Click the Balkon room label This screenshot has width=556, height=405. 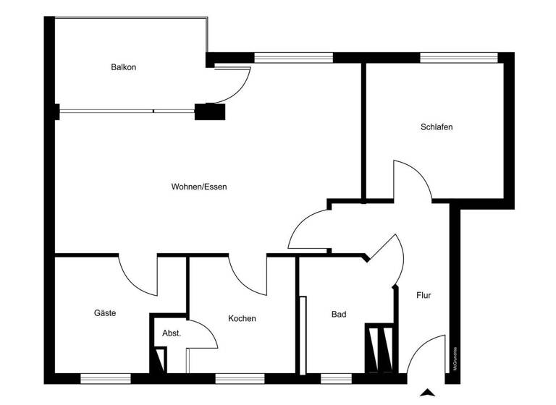pos(124,67)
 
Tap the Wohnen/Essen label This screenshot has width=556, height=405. pos(199,187)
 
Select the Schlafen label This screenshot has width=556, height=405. pos(437,127)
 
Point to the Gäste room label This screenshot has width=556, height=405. pos(105,313)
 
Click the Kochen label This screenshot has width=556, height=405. pos(242,318)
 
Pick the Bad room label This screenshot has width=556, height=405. pos(339,315)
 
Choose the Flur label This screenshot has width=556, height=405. pos(424,295)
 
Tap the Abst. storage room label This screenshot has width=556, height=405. pos(172,333)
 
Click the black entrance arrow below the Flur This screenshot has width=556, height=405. pos(428,393)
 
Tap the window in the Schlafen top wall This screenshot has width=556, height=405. pos(458,57)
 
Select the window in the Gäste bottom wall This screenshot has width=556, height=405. pos(100,378)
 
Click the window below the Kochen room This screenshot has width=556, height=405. pos(235,378)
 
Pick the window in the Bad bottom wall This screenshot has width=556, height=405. pos(331,378)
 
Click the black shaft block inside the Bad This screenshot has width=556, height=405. pos(379,349)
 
